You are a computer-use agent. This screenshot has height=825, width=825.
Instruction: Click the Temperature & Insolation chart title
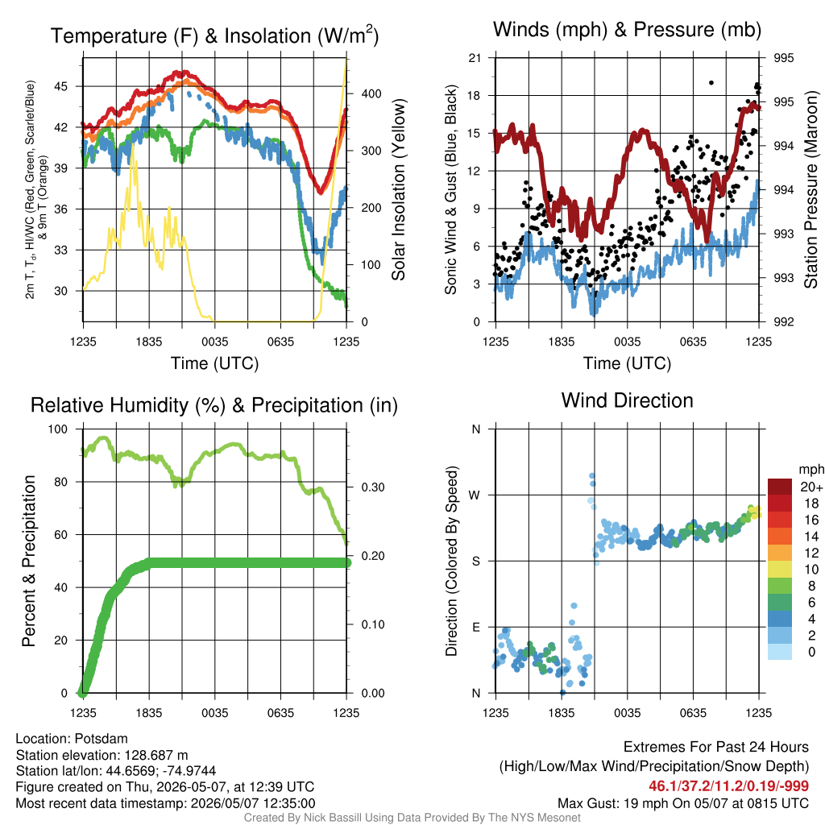(x=214, y=35)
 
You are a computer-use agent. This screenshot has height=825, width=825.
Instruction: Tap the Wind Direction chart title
(x=627, y=400)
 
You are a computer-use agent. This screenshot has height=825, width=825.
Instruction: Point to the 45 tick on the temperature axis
(x=61, y=86)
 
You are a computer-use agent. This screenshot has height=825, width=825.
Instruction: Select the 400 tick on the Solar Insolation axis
(x=371, y=93)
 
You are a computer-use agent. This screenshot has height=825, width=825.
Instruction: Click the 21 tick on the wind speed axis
(x=475, y=58)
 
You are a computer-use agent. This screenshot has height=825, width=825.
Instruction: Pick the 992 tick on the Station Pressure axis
(x=783, y=321)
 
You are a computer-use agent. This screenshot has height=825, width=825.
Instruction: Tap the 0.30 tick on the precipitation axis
(x=373, y=487)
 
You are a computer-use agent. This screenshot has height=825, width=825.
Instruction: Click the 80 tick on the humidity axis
(x=61, y=482)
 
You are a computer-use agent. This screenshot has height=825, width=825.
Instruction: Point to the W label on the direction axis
(x=475, y=495)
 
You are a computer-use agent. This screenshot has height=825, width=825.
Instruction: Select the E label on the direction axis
(x=476, y=627)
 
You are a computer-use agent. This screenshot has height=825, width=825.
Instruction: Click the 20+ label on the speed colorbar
(x=810, y=487)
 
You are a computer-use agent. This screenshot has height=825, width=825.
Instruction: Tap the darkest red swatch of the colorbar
(x=780, y=487)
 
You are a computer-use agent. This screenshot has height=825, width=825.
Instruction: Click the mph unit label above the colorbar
(x=811, y=470)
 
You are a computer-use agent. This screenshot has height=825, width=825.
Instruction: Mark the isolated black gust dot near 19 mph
(x=711, y=83)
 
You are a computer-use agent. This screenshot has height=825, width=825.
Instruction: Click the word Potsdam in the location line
(x=101, y=739)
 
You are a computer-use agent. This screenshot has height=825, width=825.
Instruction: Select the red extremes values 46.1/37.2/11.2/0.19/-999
(x=728, y=786)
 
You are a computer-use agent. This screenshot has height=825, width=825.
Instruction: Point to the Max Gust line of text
(x=683, y=803)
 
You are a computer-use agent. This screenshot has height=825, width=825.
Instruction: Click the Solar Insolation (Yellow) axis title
(x=398, y=189)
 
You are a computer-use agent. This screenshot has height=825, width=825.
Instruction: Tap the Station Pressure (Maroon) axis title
(x=810, y=189)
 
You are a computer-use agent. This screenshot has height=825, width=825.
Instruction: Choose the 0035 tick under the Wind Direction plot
(x=627, y=713)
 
